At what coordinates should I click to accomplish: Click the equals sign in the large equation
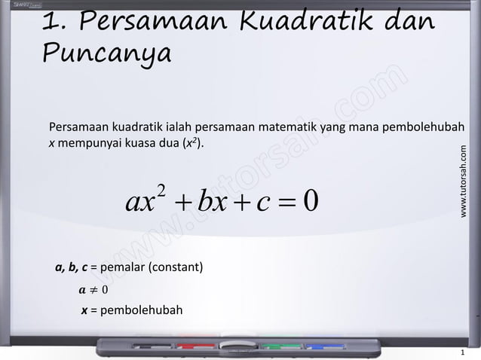pyautogui.click(x=280, y=201)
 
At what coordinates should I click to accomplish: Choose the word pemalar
pyautogui.click(x=121, y=267)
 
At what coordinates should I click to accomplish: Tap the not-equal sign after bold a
pyautogui.click(x=94, y=290)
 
